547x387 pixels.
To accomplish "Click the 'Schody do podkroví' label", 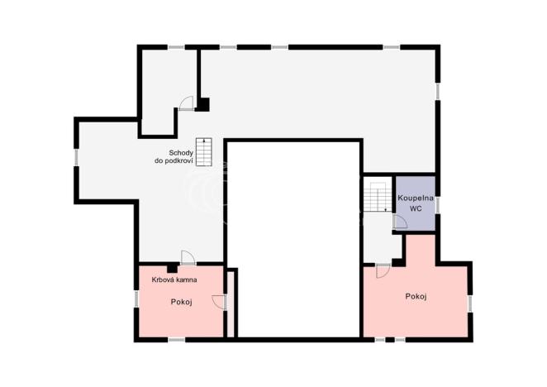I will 174,157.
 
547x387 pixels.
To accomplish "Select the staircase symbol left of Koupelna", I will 378,198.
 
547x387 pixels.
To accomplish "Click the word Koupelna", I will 416,198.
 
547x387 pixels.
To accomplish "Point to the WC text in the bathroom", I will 416,210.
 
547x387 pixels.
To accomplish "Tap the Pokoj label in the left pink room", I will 181,302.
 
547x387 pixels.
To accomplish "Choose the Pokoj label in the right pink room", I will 416,295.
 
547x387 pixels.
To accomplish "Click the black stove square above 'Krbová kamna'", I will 170,268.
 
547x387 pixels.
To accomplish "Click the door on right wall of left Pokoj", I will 218,302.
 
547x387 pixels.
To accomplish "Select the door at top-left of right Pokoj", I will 382,270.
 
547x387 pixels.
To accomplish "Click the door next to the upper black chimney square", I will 188,103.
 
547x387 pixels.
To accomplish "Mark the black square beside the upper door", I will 202,104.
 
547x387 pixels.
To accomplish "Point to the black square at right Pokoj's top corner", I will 397,262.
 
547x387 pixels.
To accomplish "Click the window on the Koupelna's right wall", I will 438,203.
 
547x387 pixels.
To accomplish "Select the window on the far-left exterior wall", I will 77,155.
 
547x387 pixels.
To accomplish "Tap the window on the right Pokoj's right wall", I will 471,303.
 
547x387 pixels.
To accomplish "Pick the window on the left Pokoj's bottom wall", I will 177,339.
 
